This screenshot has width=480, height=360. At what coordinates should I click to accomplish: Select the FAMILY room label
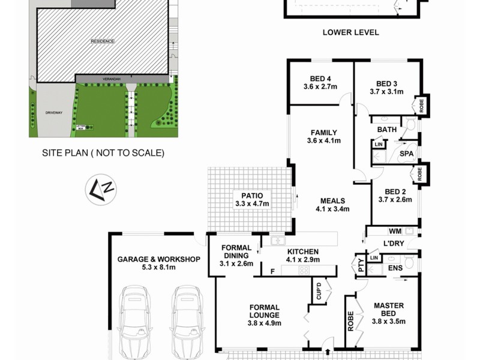tap(323, 137)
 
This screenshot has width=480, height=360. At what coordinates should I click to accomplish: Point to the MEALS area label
tap(332, 205)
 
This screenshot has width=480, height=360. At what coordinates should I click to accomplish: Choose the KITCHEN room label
tap(302, 256)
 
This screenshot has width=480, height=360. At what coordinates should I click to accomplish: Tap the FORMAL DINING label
tap(236, 255)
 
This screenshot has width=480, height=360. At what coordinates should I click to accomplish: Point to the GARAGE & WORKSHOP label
tap(158, 263)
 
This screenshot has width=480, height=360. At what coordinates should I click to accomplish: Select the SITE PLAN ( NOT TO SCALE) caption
tap(103, 153)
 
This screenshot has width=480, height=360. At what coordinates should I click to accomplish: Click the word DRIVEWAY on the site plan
tap(53, 112)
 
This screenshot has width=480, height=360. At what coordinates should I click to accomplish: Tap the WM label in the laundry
tap(395, 231)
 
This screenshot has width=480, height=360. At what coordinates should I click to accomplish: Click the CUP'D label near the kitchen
tap(318, 292)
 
